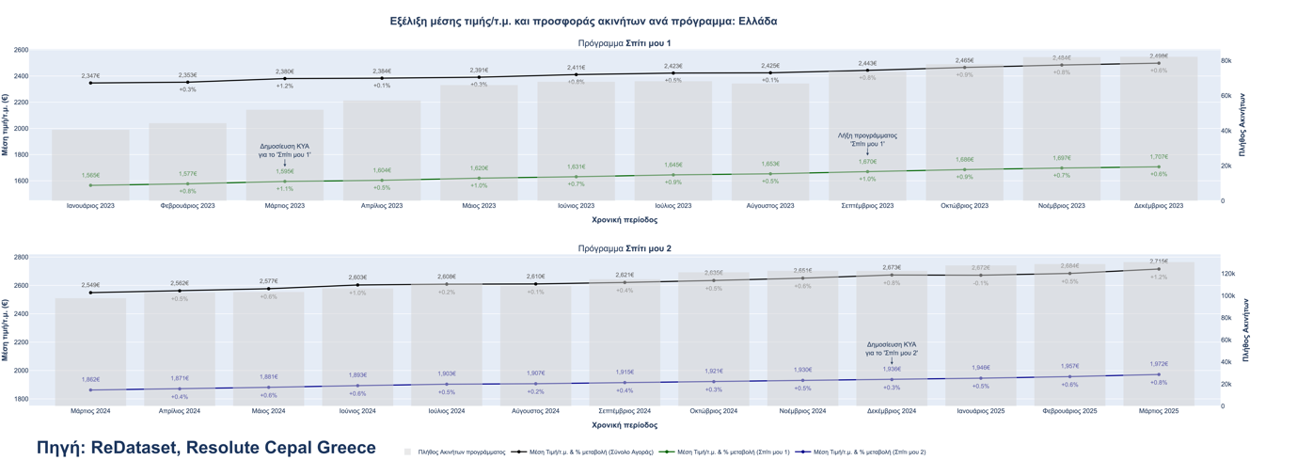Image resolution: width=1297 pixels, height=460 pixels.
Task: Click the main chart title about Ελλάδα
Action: (583, 21)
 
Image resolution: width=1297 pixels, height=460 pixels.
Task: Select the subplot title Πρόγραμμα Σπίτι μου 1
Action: (625, 43)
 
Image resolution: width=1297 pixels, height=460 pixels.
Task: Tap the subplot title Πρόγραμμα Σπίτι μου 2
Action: (625, 248)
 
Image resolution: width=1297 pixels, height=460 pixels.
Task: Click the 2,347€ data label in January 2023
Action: (90, 75)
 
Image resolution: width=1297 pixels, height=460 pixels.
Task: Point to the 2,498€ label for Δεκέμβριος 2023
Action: (1159, 56)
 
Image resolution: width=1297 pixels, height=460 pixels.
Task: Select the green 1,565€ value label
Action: (90, 175)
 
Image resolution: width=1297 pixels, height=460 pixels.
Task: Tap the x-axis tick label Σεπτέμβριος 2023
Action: (867, 205)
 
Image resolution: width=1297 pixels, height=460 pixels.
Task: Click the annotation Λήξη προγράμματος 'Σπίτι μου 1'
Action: (867, 139)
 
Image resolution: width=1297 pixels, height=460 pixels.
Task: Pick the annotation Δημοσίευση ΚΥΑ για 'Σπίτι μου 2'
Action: (892, 348)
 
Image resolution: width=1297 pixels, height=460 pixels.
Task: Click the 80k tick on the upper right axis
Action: (1226, 61)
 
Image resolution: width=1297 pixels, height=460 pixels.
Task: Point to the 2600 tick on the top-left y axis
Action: (21, 51)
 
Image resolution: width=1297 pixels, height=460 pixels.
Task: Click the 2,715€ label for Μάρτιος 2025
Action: (1159, 262)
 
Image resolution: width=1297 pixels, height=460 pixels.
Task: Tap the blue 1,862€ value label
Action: (90, 379)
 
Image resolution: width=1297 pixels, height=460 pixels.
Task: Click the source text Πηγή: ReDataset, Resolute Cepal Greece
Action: (206, 448)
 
